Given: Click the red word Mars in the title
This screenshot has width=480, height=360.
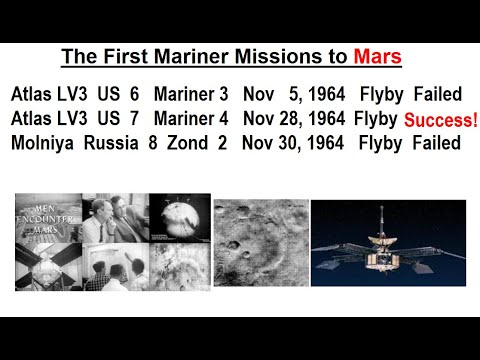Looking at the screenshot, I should [380, 57].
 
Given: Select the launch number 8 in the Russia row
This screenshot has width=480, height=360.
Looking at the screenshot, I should [150, 143].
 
